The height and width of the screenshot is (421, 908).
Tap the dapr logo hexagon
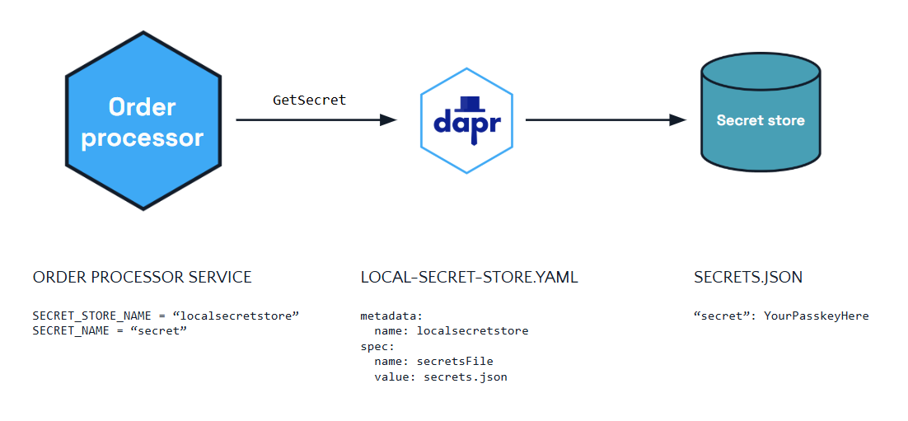point(466,120)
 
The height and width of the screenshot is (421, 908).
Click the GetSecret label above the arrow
point(309,100)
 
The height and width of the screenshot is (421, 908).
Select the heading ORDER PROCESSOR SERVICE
point(143,278)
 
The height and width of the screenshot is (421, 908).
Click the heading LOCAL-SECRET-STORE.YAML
point(469,278)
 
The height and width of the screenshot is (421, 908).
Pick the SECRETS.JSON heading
point(748,278)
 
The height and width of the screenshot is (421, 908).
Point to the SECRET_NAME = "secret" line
point(110,330)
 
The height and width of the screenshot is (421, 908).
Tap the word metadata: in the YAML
point(392,316)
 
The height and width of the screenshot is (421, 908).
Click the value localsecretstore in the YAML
point(472,331)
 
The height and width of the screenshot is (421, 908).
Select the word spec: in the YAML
point(377,346)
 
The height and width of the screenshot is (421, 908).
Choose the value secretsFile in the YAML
point(455,362)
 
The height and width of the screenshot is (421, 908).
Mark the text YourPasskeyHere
point(816,316)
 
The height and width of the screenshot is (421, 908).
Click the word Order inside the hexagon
point(143,107)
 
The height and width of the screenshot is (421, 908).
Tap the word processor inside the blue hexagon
point(143,137)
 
